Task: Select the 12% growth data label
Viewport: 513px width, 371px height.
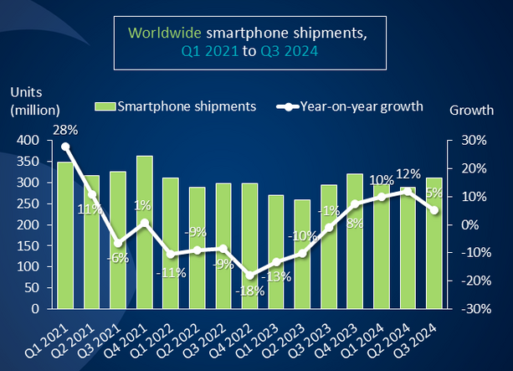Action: tap(408, 173)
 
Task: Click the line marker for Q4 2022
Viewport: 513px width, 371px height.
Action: tap(249, 276)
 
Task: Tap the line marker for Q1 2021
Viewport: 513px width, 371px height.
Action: tap(65, 147)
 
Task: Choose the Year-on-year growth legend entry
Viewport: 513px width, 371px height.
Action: tap(354, 106)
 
